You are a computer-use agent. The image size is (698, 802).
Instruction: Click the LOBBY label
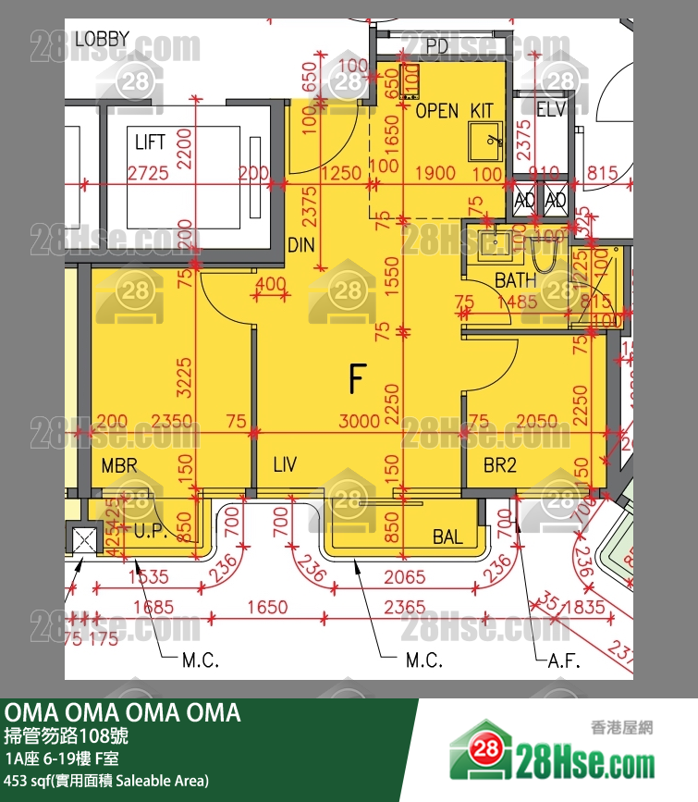pos(102,39)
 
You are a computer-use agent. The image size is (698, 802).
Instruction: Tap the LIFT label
pos(150,142)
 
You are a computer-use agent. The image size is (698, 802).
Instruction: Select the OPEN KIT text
pos(454,111)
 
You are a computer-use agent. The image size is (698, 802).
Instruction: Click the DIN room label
pos(302,246)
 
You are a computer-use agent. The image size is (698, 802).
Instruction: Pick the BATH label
pos(515,280)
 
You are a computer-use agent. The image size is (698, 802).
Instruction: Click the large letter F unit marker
pos(358,378)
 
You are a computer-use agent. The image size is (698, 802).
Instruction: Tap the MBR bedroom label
pos(119,465)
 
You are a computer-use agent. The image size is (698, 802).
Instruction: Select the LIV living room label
pos(285,465)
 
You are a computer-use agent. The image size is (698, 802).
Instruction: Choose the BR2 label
pos(500,465)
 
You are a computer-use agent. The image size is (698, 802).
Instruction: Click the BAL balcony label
pos(447,537)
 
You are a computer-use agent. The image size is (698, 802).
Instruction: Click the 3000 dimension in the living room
pos(359,422)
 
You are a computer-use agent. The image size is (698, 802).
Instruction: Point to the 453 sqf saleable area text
pos(107,781)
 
